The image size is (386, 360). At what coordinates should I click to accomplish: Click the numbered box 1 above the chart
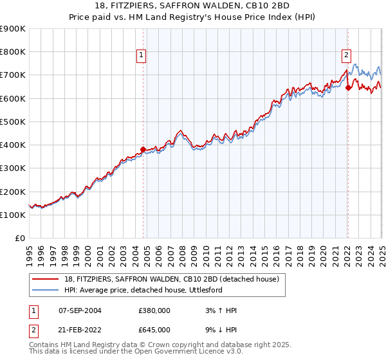[x=141, y=55]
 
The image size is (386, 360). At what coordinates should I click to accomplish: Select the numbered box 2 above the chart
[x=346, y=55]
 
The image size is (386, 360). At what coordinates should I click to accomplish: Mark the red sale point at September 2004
[x=143, y=150]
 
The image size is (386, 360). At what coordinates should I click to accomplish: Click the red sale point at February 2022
[x=348, y=88]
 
